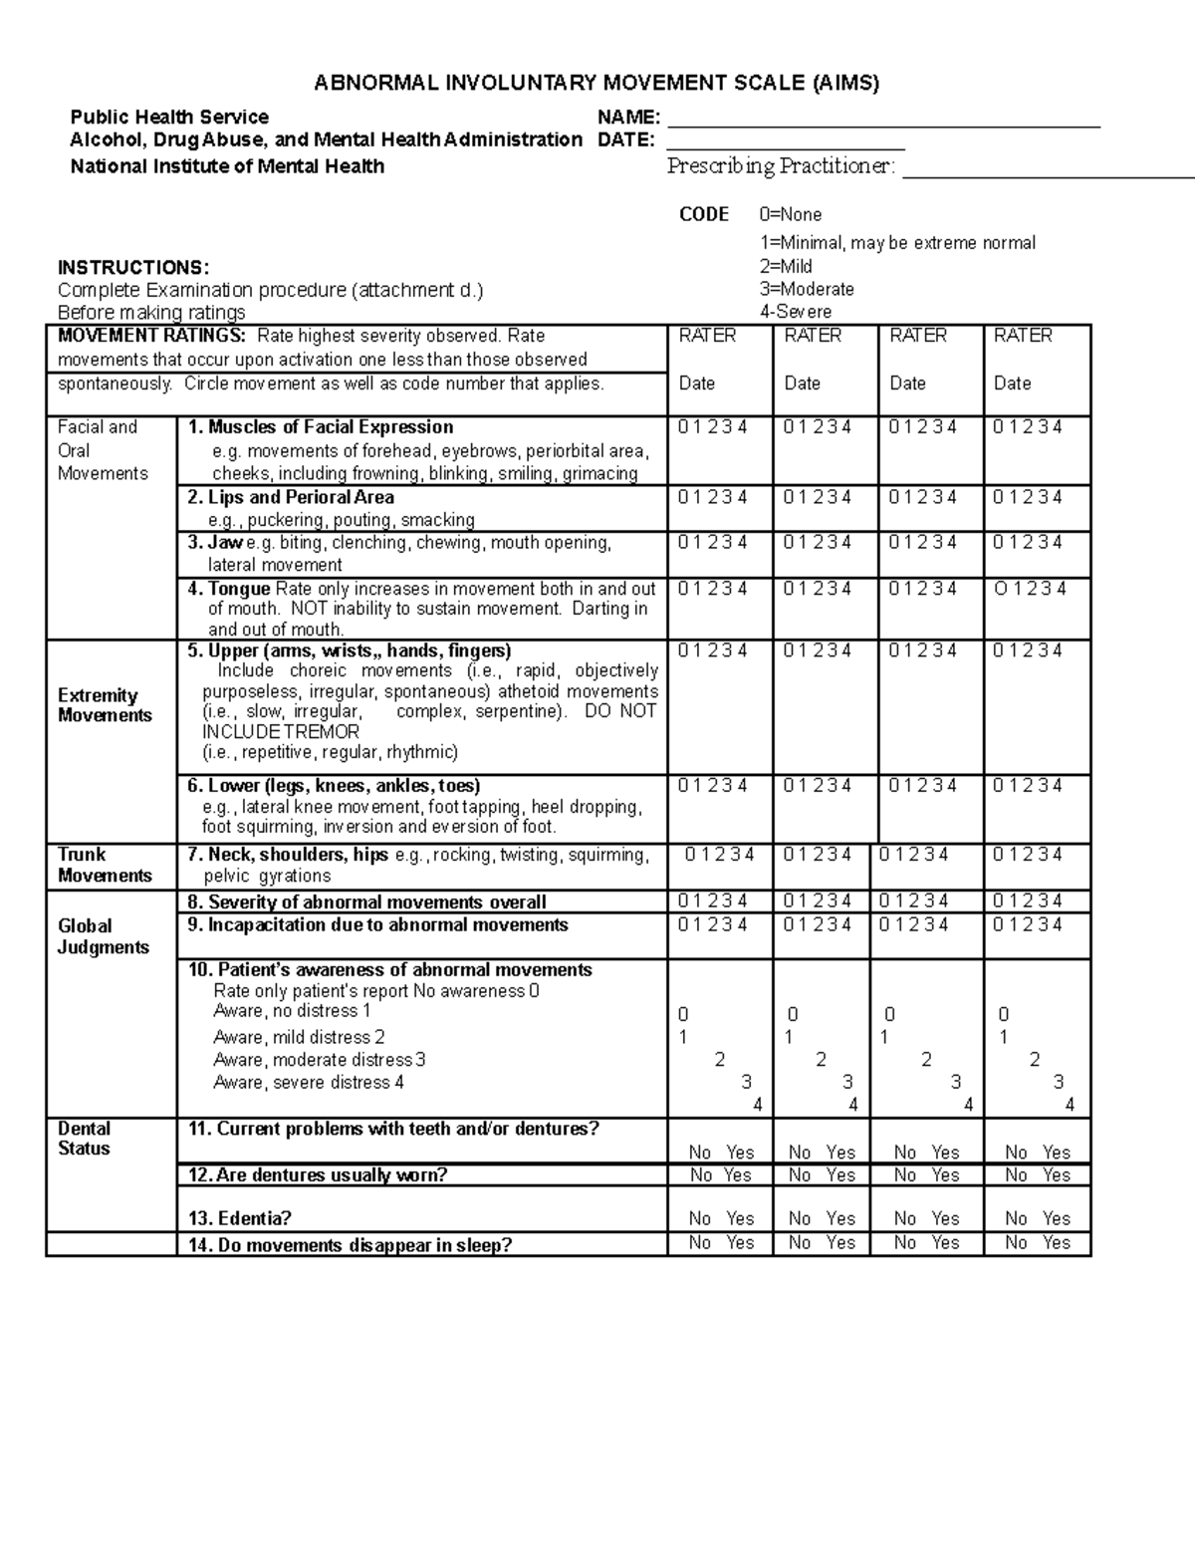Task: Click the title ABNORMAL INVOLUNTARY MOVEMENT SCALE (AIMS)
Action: (x=597, y=83)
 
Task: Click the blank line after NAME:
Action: (x=882, y=125)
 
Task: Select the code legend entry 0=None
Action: (x=790, y=214)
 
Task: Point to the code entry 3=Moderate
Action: (x=806, y=289)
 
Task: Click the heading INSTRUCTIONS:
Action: (x=133, y=267)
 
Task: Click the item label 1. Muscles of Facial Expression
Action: (x=321, y=427)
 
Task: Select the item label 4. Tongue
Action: (x=229, y=589)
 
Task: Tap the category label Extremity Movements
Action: (x=105, y=705)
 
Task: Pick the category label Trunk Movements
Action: (x=105, y=865)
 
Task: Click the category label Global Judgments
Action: (x=103, y=936)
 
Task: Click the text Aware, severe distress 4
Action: (x=308, y=1083)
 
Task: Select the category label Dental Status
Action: (x=84, y=1139)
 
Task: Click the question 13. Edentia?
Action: (x=239, y=1218)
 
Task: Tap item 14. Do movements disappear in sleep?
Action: (x=349, y=1245)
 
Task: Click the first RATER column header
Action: (x=707, y=336)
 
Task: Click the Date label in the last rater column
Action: (x=1012, y=384)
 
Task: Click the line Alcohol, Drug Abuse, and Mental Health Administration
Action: (x=325, y=139)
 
